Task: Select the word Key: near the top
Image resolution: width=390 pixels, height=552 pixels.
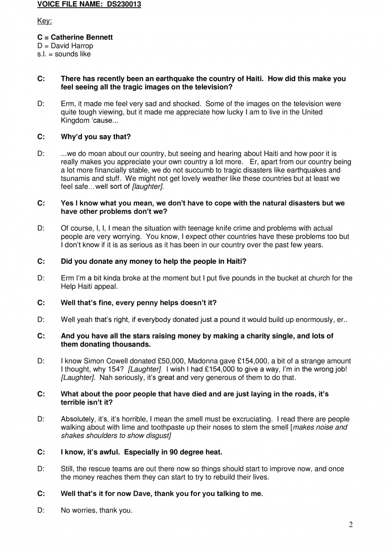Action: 45,21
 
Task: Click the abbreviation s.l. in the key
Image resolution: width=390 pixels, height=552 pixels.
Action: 42,54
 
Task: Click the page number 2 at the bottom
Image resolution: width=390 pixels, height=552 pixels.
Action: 351,525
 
